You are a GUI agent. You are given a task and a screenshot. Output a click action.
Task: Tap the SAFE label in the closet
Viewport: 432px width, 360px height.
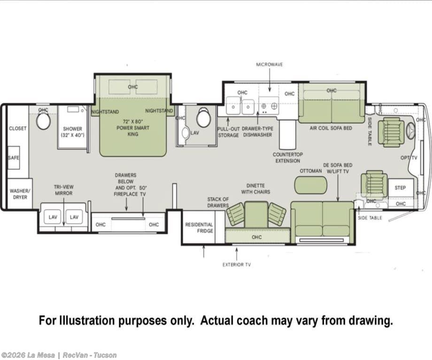coord(14,158)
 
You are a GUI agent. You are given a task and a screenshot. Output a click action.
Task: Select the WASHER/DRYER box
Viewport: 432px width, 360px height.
coord(20,194)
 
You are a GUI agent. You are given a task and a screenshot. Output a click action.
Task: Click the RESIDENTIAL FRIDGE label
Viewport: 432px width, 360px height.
coord(199,228)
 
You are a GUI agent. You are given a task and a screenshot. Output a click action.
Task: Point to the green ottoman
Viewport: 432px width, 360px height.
coord(311,184)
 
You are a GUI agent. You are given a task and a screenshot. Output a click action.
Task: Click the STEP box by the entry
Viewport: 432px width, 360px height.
coord(401,188)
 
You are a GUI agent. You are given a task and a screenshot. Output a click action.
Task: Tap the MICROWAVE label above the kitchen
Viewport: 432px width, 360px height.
coord(270,64)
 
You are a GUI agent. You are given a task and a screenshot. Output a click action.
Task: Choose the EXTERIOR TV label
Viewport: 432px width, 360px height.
coord(237,265)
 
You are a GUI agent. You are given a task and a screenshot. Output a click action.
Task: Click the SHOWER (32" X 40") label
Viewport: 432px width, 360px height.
coord(72,132)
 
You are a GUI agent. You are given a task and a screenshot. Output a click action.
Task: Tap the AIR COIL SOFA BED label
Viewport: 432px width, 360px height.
coord(331,128)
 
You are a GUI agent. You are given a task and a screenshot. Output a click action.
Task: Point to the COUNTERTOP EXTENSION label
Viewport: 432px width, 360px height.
coord(288,158)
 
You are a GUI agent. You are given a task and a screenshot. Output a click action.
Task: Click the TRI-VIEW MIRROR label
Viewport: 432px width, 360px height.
coord(64,190)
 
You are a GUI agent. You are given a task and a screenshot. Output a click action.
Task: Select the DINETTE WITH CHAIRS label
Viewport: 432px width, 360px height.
coord(255,189)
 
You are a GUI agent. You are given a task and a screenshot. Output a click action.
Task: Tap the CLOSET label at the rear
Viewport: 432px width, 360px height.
coord(18,128)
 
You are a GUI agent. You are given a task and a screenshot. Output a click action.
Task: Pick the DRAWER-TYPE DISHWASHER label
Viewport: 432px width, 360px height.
coord(258,132)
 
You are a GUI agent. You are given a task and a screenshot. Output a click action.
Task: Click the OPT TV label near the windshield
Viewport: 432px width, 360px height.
coord(409,158)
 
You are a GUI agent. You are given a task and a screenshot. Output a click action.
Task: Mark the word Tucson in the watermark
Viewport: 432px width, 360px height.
coord(105,355)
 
